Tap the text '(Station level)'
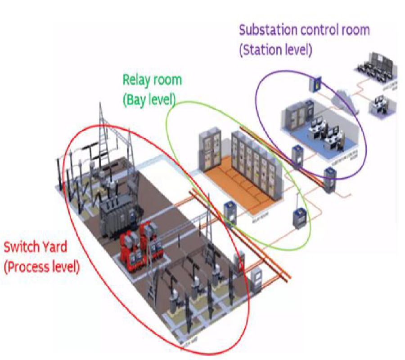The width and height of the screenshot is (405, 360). [x=275, y=49]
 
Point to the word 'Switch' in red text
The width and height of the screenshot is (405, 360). [x=20, y=247]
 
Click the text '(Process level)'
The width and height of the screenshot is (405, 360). [x=41, y=266]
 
